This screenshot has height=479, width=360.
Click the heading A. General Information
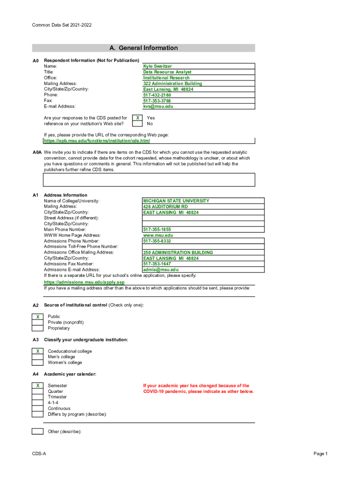[x=144, y=48]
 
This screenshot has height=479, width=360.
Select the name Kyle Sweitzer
[x=158, y=66]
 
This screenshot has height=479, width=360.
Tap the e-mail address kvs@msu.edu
[x=158, y=106]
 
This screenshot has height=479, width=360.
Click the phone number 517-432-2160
[x=157, y=95]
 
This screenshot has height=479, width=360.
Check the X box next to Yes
[x=137, y=118]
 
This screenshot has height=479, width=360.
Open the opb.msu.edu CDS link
[x=97, y=141]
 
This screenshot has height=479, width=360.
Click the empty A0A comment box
[x=149, y=180]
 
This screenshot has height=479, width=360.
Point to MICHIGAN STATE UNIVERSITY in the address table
[x=176, y=201]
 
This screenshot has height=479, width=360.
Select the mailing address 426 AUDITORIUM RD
[x=166, y=206]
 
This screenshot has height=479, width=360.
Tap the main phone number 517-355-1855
[x=157, y=230]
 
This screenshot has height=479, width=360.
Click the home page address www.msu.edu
[x=158, y=235]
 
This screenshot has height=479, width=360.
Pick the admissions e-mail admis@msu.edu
[x=161, y=269]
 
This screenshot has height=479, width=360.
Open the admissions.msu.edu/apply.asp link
[x=84, y=283]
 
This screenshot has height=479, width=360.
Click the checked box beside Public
[x=37, y=317]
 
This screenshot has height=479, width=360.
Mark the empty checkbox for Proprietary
[x=37, y=328]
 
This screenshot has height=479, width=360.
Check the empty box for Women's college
[x=37, y=363]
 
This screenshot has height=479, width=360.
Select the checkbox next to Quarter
[x=37, y=392]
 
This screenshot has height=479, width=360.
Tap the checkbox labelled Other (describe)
[x=37, y=431]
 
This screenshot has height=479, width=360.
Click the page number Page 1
[x=321, y=454]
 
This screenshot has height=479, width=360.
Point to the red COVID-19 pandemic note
[x=198, y=389]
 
